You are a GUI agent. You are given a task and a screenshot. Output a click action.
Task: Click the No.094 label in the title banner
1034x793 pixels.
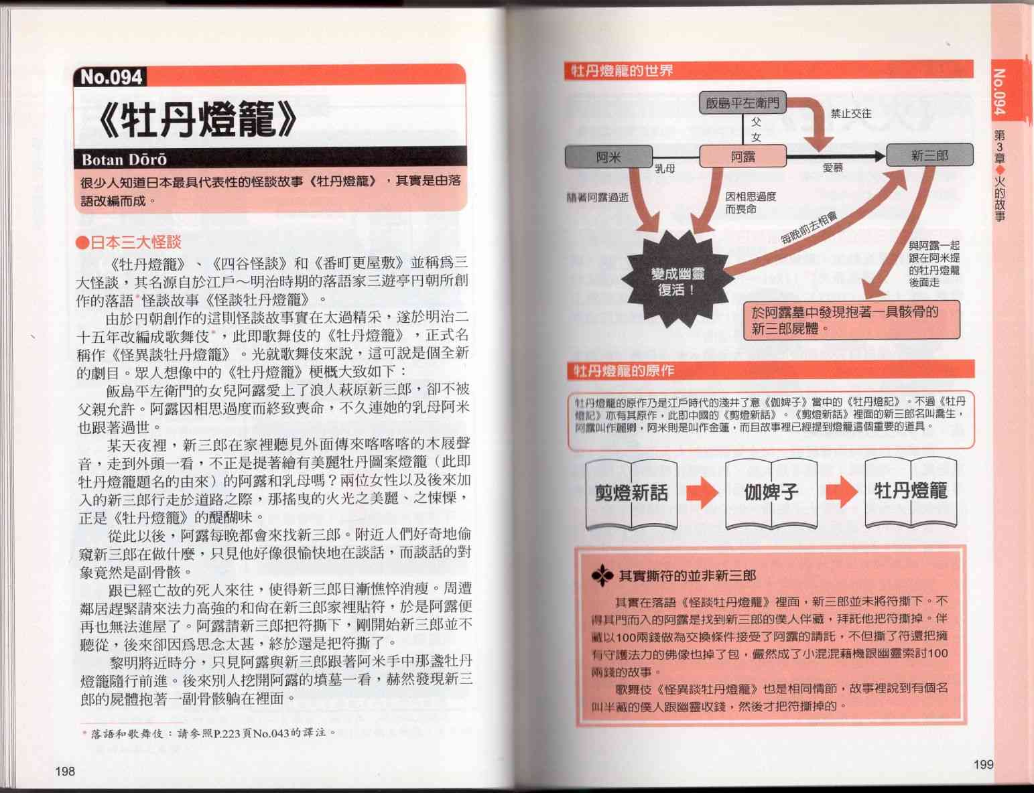click(x=111, y=76)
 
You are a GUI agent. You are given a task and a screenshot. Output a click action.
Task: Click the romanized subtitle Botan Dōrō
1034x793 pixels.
click(x=124, y=160)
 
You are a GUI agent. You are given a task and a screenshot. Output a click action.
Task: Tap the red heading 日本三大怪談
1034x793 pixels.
click(x=129, y=242)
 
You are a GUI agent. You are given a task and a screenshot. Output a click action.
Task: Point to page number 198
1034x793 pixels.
click(x=65, y=771)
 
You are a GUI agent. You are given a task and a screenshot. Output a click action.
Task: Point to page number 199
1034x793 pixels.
click(x=983, y=764)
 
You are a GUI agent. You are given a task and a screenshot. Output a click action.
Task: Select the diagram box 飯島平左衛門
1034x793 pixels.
click(x=742, y=102)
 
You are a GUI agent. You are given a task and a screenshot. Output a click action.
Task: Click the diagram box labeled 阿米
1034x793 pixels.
click(x=608, y=157)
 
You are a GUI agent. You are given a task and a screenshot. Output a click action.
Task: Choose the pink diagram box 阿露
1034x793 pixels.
click(x=742, y=157)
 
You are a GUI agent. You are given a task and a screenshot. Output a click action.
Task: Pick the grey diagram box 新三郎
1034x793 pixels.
click(x=929, y=155)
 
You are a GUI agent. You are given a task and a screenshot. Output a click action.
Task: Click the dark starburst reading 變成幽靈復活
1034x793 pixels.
click(x=677, y=279)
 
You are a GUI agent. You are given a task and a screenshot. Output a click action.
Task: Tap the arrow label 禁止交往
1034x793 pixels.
click(x=851, y=114)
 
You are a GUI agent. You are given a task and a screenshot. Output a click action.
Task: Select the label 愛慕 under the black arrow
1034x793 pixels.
click(x=833, y=167)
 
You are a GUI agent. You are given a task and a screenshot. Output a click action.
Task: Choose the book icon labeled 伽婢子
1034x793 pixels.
click(x=771, y=493)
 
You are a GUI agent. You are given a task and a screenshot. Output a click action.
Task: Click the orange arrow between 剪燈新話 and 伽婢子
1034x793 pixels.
click(x=702, y=492)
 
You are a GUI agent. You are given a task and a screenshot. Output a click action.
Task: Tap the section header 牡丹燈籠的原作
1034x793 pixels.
click(x=624, y=371)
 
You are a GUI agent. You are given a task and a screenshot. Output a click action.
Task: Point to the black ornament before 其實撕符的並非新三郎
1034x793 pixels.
click(x=602, y=576)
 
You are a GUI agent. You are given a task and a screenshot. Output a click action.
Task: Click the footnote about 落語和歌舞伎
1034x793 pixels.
click(x=209, y=733)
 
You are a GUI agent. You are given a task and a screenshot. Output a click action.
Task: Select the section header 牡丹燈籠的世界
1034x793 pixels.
click(x=622, y=71)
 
